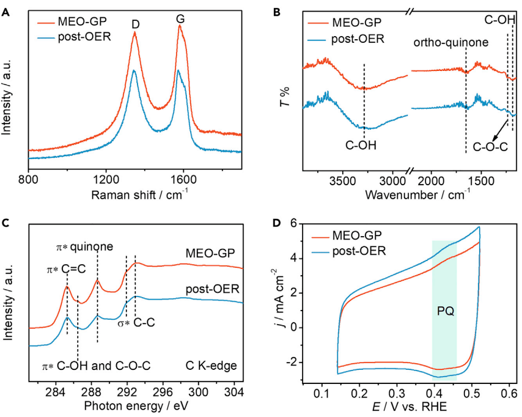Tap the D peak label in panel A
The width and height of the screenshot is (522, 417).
point(134,25)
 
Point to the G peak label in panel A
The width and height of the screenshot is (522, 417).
point(180,20)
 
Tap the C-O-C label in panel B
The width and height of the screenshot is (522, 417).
point(490,147)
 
